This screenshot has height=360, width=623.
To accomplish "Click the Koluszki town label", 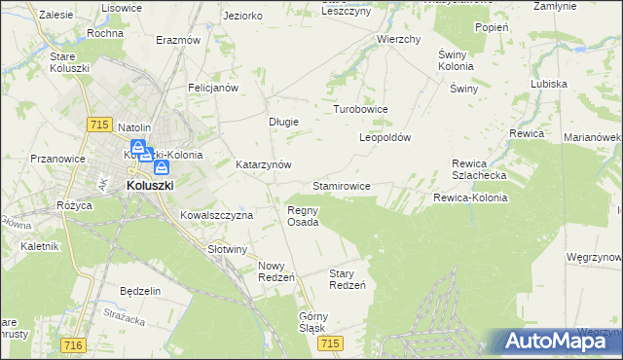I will click(x=150, y=185).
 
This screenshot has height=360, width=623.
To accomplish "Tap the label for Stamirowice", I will click(x=341, y=185).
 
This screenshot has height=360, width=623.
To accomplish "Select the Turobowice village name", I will click(x=361, y=110).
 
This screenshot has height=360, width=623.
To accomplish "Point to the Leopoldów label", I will click(x=385, y=137).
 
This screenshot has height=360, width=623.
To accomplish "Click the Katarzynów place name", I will click(x=264, y=165).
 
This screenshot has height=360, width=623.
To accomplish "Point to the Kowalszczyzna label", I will click(x=216, y=215).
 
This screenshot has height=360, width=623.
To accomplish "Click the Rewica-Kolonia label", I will click(x=470, y=198).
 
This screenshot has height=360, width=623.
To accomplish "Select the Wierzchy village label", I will click(x=398, y=40).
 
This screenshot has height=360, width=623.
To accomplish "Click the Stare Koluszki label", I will click(x=70, y=62).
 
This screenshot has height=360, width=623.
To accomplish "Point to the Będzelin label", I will click(x=139, y=291).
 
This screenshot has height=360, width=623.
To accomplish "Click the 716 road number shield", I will click(x=71, y=344).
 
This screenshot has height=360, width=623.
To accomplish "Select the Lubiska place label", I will click(x=549, y=84).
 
